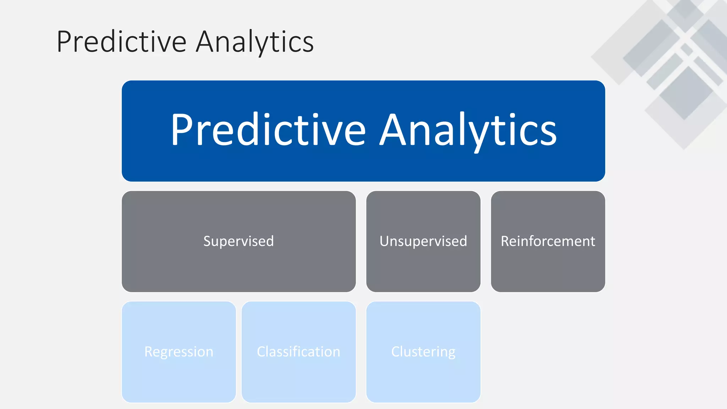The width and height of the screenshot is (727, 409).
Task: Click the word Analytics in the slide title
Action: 255,42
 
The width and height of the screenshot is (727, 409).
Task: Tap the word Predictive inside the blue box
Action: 268,130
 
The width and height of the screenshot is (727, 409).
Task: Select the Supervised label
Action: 239,241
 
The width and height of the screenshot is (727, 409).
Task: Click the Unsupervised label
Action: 423,241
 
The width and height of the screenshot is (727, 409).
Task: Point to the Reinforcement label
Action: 548,241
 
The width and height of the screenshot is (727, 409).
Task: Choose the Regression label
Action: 179,352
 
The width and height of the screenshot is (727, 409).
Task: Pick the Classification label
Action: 298,352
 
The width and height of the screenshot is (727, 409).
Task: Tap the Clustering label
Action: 423,352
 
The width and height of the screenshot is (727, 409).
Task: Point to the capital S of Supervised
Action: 207,241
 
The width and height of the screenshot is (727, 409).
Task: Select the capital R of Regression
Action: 149,352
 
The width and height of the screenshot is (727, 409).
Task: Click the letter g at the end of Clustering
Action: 451,354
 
